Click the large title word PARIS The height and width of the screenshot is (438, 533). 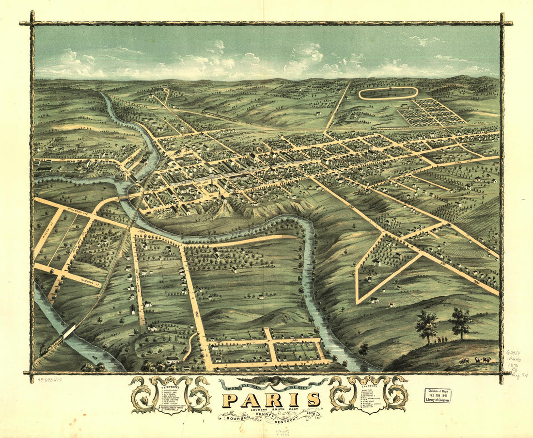(271, 400)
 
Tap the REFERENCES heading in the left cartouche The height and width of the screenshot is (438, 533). (171, 388)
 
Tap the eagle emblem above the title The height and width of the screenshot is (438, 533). (271, 383)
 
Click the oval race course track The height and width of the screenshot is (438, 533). (388, 93)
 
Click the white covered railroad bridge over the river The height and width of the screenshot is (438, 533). (69, 331)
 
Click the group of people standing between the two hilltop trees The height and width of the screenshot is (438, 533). (440, 339)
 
